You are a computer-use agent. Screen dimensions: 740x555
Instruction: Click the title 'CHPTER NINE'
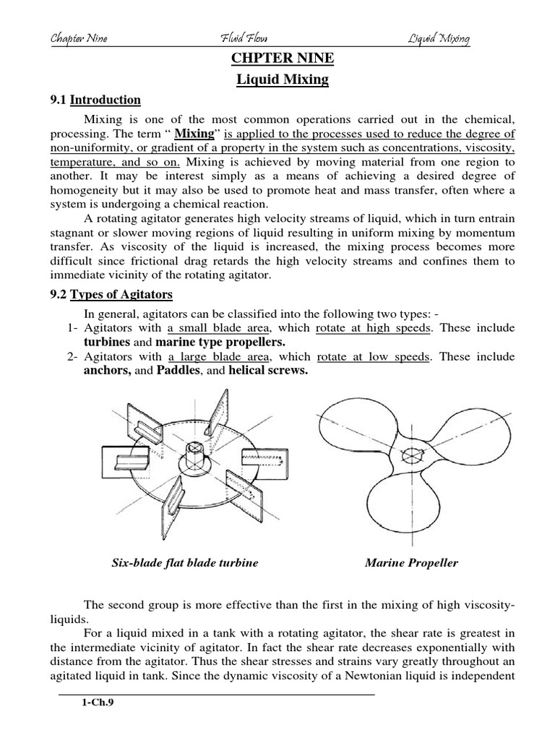283,59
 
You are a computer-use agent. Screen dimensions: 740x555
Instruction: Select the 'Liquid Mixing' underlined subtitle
283,79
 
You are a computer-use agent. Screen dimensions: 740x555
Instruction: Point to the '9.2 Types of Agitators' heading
117,295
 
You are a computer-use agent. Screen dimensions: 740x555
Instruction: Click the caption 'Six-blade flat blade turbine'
185,563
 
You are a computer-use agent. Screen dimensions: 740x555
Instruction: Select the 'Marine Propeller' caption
411,563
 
